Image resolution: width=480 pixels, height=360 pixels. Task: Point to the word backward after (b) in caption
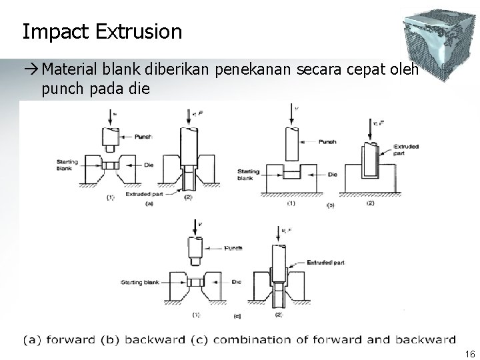tap(155, 340)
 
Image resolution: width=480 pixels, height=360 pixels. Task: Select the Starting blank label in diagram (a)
tap(68, 164)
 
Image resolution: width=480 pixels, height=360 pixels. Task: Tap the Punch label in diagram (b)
tap(327, 141)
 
